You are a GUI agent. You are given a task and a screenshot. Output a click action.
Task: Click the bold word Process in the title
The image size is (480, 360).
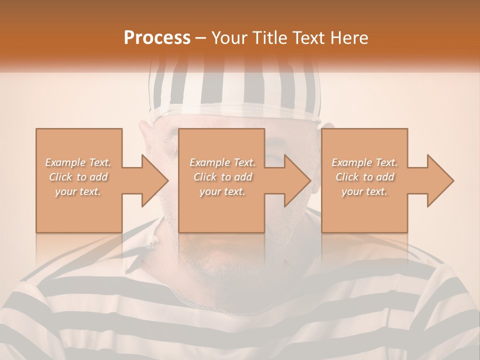[x=157, y=37]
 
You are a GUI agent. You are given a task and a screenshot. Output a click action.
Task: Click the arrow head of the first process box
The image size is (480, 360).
[x=155, y=180]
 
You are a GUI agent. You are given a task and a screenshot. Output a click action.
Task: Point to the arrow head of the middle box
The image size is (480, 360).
[x=298, y=180]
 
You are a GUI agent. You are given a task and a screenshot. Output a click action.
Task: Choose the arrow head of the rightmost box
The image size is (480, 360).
[x=441, y=180]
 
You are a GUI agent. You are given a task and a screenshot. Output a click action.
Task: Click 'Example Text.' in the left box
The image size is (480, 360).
[x=78, y=162]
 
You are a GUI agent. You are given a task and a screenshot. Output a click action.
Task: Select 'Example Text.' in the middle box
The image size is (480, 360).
[x=222, y=162]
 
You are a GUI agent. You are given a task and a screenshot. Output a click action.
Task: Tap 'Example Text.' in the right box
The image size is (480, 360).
[x=364, y=162]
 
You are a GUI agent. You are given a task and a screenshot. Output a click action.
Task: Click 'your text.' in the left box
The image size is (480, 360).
[x=78, y=191]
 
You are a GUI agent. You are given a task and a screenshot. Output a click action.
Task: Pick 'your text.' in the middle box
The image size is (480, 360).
[x=222, y=191]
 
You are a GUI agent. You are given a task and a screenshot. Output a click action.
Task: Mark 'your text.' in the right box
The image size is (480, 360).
[x=364, y=191]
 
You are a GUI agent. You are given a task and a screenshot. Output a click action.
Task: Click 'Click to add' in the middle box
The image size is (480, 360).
[x=222, y=177]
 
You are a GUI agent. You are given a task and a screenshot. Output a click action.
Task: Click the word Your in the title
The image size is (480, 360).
[x=228, y=37]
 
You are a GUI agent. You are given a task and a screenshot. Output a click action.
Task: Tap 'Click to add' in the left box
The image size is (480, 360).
[x=78, y=177]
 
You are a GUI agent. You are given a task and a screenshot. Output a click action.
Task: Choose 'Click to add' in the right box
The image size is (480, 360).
[x=364, y=177]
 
